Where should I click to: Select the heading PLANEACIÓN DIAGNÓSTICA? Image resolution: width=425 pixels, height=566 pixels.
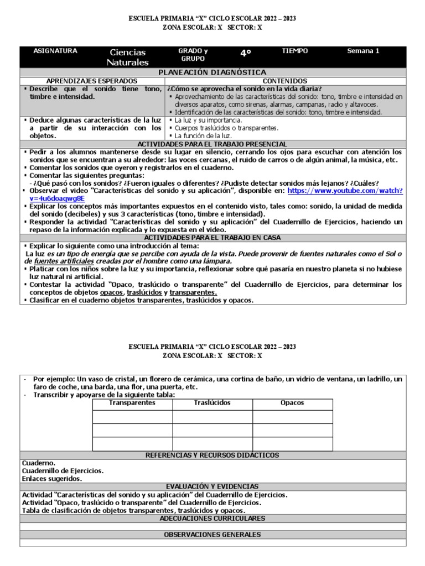(x=212, y=72)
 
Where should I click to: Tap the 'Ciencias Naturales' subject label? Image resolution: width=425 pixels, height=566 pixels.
(x=128, y=57)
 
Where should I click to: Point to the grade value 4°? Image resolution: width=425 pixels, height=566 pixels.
(x=245, y=54)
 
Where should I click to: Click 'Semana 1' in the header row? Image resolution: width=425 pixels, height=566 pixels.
(x=363, y=51)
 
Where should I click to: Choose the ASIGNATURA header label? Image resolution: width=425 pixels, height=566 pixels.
(x=55, y=51)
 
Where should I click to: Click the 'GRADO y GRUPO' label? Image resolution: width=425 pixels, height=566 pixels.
(x=193, y=55)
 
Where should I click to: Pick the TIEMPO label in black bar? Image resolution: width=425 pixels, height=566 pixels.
(x=296, y=51)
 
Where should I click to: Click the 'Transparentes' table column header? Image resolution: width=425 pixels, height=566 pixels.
(x=132, y=403)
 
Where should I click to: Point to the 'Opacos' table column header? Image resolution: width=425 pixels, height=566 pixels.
(x=292, y=403)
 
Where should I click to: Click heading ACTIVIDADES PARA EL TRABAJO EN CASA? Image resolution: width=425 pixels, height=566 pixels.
(x=212, y=238)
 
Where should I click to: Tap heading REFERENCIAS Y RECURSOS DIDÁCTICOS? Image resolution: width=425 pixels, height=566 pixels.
(x=212, y=455)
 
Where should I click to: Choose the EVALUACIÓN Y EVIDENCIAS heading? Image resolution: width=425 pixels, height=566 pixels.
(x=212, y=486)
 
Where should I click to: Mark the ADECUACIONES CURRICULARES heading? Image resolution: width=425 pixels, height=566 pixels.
(x=212, y=518)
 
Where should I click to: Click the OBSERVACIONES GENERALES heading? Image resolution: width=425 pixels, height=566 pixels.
(x=212, y=534)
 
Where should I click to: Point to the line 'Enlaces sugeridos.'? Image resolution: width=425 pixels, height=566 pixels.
(x=52, y=479)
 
